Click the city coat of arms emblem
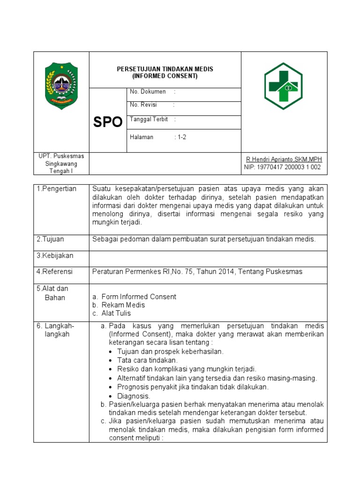pos(60,85)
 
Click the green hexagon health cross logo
pos(283,86)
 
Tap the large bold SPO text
pos(108,122)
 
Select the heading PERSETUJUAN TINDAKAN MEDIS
pos(165,69)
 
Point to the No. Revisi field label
pos(144,105)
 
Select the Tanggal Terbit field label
pos(149,120)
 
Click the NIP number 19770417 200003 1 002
pos(283,167)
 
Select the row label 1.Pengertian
pos(56,188)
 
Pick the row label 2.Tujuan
pos(51,239)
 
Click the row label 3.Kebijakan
pos(55,255)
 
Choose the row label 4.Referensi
pos(55,271)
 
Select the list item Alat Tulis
pos(116,313)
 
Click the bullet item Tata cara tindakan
pos(148,360)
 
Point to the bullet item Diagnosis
pos(134,396)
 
